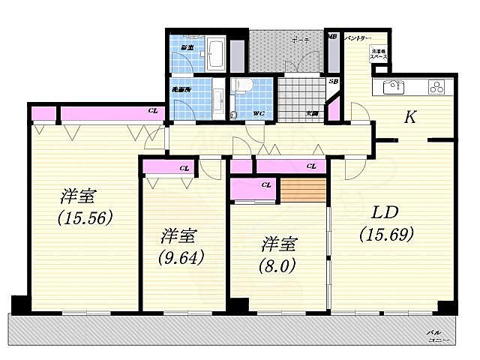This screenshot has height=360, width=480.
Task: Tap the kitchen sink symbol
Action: tap(394, 86)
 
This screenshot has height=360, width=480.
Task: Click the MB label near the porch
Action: tap(331, 35)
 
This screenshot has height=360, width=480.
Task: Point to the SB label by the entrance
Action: tap(333, 82)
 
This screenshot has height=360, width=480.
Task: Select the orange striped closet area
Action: tap(304, 191)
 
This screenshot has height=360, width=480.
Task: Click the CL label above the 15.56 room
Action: tap(153, 112)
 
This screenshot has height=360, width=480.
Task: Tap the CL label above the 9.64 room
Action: tap(184, 168)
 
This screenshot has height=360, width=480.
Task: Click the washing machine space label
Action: tap(378, 54)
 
